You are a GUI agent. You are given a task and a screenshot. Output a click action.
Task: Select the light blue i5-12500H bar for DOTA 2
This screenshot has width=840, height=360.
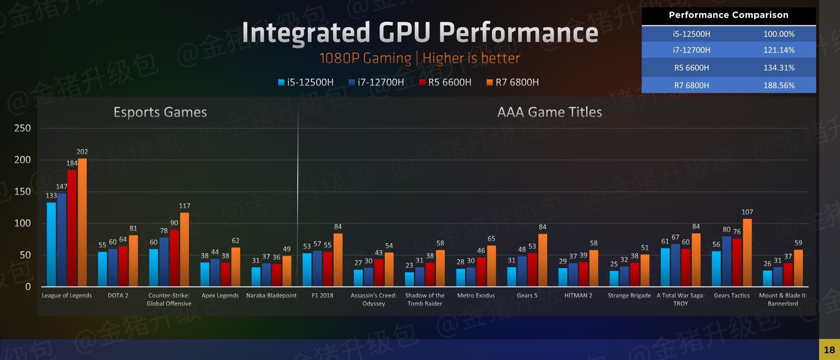click(x=102, y=269)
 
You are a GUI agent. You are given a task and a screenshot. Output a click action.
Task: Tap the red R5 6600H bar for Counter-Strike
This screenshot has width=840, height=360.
click(x=174, y=258)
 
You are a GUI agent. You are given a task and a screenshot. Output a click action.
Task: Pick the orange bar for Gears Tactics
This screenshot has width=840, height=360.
click(x=747, y=252)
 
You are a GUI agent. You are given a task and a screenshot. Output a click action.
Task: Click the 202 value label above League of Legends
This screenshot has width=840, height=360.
click(x=82, y=152)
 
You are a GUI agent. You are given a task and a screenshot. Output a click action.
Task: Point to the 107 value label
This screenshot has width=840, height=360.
click(x=747, y=212)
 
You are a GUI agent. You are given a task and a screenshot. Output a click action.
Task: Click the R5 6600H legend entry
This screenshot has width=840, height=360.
click(x=445, y=82)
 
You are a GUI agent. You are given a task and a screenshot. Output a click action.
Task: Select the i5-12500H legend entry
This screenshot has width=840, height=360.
click(x=306, y=82)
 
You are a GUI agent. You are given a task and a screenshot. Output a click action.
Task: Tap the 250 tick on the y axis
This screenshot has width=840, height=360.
click(x=23, y=128)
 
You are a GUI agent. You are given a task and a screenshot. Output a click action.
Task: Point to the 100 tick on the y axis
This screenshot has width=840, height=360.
click(x=23, y=223)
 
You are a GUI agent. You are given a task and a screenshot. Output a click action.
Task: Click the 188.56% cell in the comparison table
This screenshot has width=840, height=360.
click(x=779, y=85)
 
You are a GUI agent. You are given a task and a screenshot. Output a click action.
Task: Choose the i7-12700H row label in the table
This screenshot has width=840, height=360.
click(x=691, y=50)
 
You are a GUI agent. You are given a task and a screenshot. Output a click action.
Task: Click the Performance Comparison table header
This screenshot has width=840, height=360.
click(x=728, y=15)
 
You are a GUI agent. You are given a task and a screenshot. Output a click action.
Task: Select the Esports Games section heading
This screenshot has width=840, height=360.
click(x=160, y=112)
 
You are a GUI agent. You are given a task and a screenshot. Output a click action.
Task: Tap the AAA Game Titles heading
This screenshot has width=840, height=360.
click(x=549, y=112)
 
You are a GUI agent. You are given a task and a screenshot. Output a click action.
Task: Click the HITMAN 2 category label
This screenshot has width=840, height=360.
click(x=578, y=296)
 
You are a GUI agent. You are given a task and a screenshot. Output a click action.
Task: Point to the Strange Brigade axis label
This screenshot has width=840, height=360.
click(x=629, y=296)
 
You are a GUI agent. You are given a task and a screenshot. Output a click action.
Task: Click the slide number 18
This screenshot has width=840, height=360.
click(x=829, y=350)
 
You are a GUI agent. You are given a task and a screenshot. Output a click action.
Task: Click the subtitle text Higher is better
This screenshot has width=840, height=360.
click(x=471, y=58)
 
